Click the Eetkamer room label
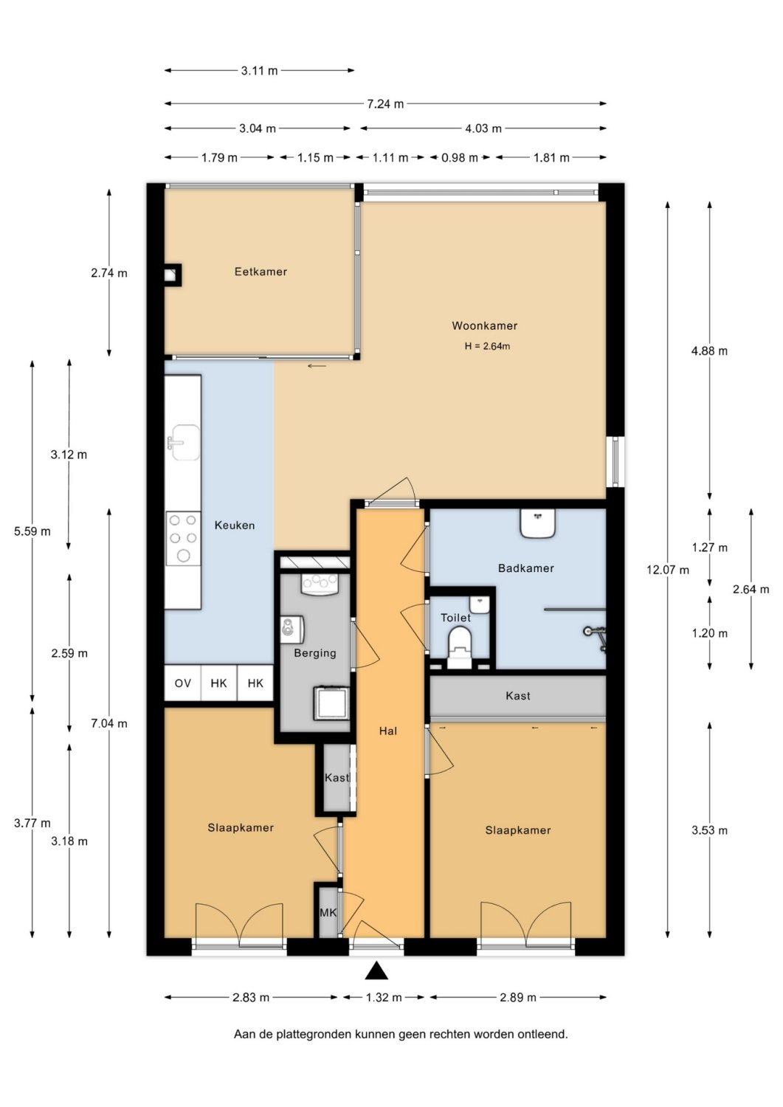pyautogui.click(x=261, y=272)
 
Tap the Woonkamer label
pyautogui.click(x=484, y=325)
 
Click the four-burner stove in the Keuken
pyautogui.click(x=183, y=539)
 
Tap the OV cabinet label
pyautogui.click(x=183, y=683)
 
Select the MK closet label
pyautogui.click(x=328, y=913)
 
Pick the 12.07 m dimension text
pyautogui.click(x=667, y=570)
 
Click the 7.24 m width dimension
pyautogui.click(x=385, y=104)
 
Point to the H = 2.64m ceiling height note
pyautogui.click(x=487, y=346)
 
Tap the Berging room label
pyautogui.click(x=315, y=653)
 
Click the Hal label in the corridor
pyautogui.click(x=388, y=731)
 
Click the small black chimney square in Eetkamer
pyautogui.click(x=173, y=275)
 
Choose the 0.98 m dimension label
pyautogui.click(x=460, y=158)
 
